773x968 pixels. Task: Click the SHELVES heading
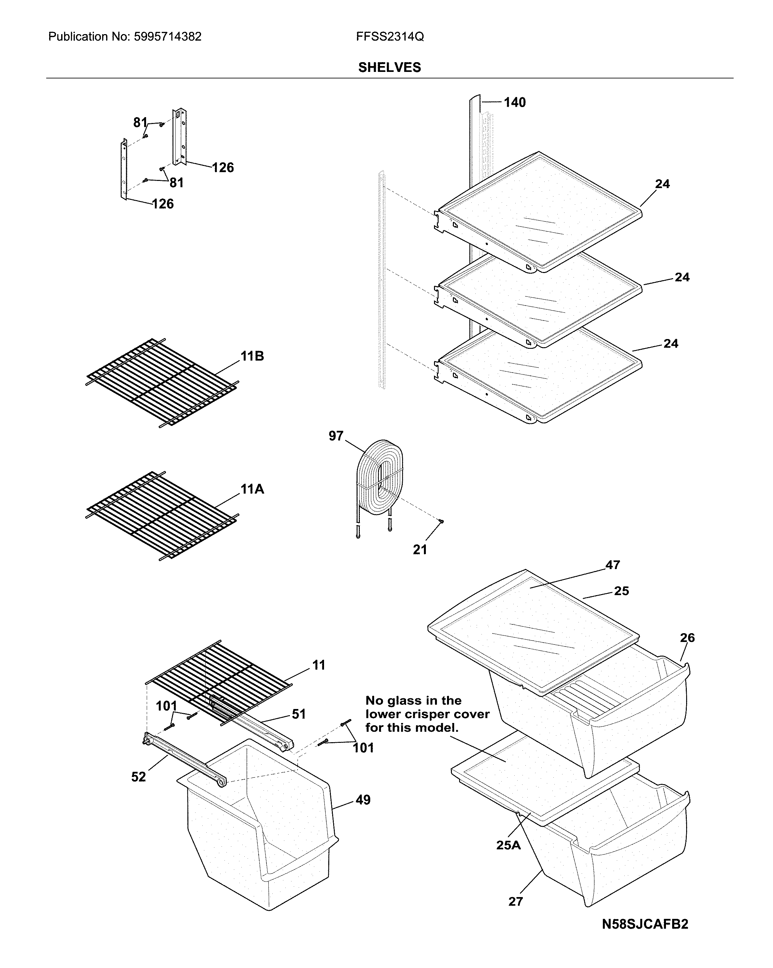click(x=389, y=67)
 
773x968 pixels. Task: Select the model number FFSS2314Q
click(x=390, y=37)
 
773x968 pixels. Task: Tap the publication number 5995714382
click(x=168, y=37)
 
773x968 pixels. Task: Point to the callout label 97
click(x=336, y=435)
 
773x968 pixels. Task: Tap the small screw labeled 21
click(x=441, y=521)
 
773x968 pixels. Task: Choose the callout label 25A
click(x=508, y=845)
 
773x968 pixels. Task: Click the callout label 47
click(x=612, y=565)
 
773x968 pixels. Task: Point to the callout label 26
click(x=687, y=637)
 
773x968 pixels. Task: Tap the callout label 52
click(x=138, y=777)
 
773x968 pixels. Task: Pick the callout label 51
click(x=299, y=714)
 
